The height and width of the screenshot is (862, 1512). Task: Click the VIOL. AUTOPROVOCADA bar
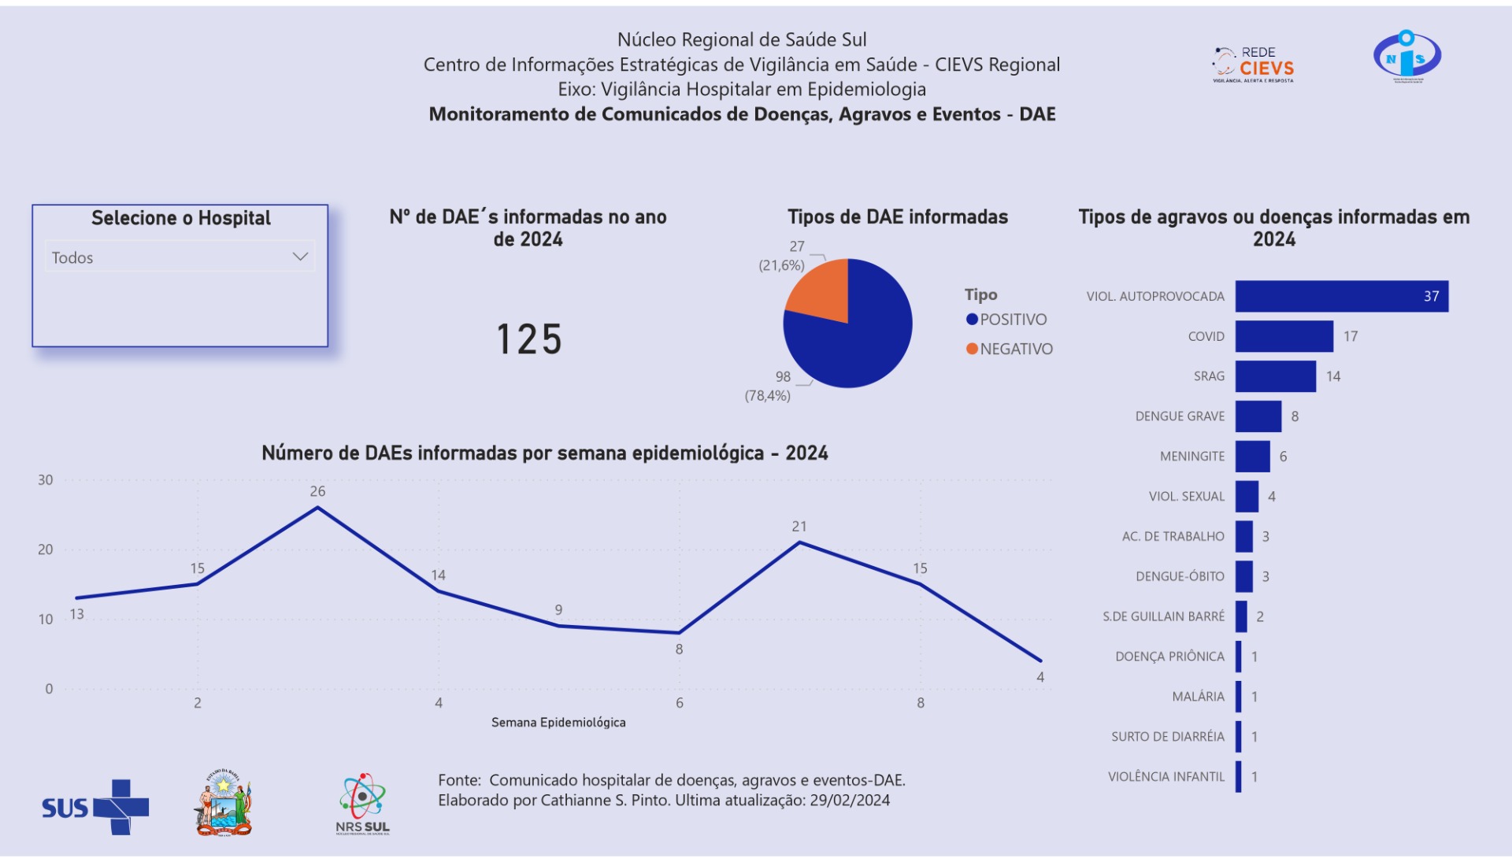1340,296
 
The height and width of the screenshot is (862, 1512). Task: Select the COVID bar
1284,336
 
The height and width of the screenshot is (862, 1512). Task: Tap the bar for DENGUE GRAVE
1258,416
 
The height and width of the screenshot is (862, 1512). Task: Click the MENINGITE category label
1191,457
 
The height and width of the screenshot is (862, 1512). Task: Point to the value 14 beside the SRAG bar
1332,376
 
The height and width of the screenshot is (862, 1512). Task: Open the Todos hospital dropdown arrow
299,257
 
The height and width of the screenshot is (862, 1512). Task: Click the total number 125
529,339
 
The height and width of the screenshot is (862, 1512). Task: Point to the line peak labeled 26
317,507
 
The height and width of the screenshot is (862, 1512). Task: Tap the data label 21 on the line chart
799,527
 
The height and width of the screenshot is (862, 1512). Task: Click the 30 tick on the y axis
46,480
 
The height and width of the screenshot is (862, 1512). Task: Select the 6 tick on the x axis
679,703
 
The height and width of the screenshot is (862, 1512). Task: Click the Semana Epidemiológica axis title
558,723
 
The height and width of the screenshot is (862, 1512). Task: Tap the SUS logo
94,807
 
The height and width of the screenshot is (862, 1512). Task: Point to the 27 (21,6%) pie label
783,256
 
